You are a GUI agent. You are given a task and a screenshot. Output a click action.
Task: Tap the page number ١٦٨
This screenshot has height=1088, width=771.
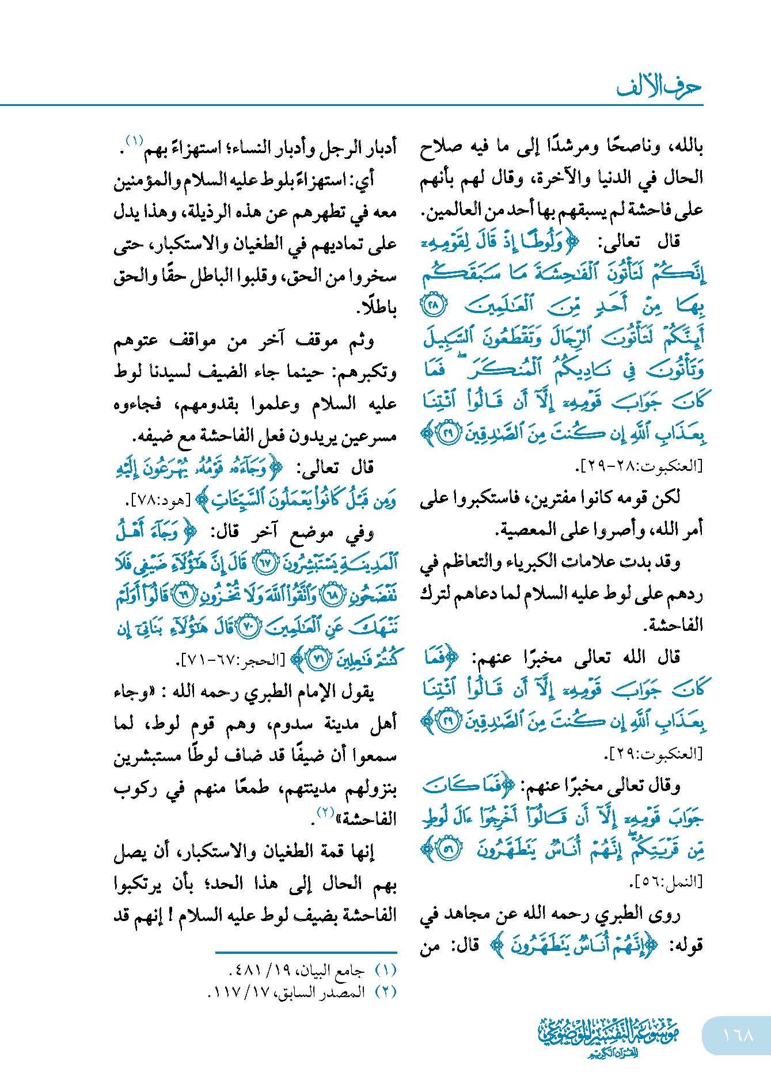click(738, 1035)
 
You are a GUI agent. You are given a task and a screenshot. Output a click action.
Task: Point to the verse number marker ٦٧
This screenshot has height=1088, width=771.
click(265, 562)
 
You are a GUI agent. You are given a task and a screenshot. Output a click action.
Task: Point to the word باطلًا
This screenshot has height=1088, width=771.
click(378, 307)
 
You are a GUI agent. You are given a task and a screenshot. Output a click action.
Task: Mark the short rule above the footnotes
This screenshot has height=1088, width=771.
click(306, 953)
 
